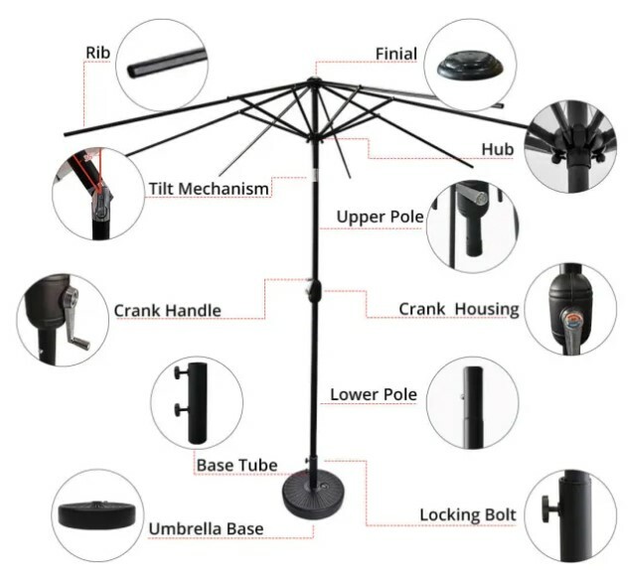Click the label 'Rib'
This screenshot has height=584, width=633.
97,53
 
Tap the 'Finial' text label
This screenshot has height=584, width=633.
396,54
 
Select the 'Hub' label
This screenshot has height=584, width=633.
497,149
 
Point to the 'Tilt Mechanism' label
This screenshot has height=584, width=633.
209,189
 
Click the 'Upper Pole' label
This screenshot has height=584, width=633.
380,217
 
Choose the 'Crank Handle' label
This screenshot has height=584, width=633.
168,310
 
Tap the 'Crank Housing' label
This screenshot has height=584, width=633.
459,309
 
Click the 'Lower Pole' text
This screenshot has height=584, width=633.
374,394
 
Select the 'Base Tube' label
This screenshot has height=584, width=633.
237,465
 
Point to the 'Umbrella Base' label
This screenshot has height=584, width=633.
206,528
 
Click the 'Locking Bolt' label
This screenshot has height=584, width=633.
468,514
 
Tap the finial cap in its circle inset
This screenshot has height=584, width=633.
470,67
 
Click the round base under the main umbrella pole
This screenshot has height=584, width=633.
314,497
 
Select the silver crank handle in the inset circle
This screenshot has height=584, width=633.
76,319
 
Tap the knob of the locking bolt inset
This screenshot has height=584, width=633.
547,510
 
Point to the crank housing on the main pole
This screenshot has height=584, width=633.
314,291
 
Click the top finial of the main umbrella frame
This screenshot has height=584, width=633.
312,80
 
